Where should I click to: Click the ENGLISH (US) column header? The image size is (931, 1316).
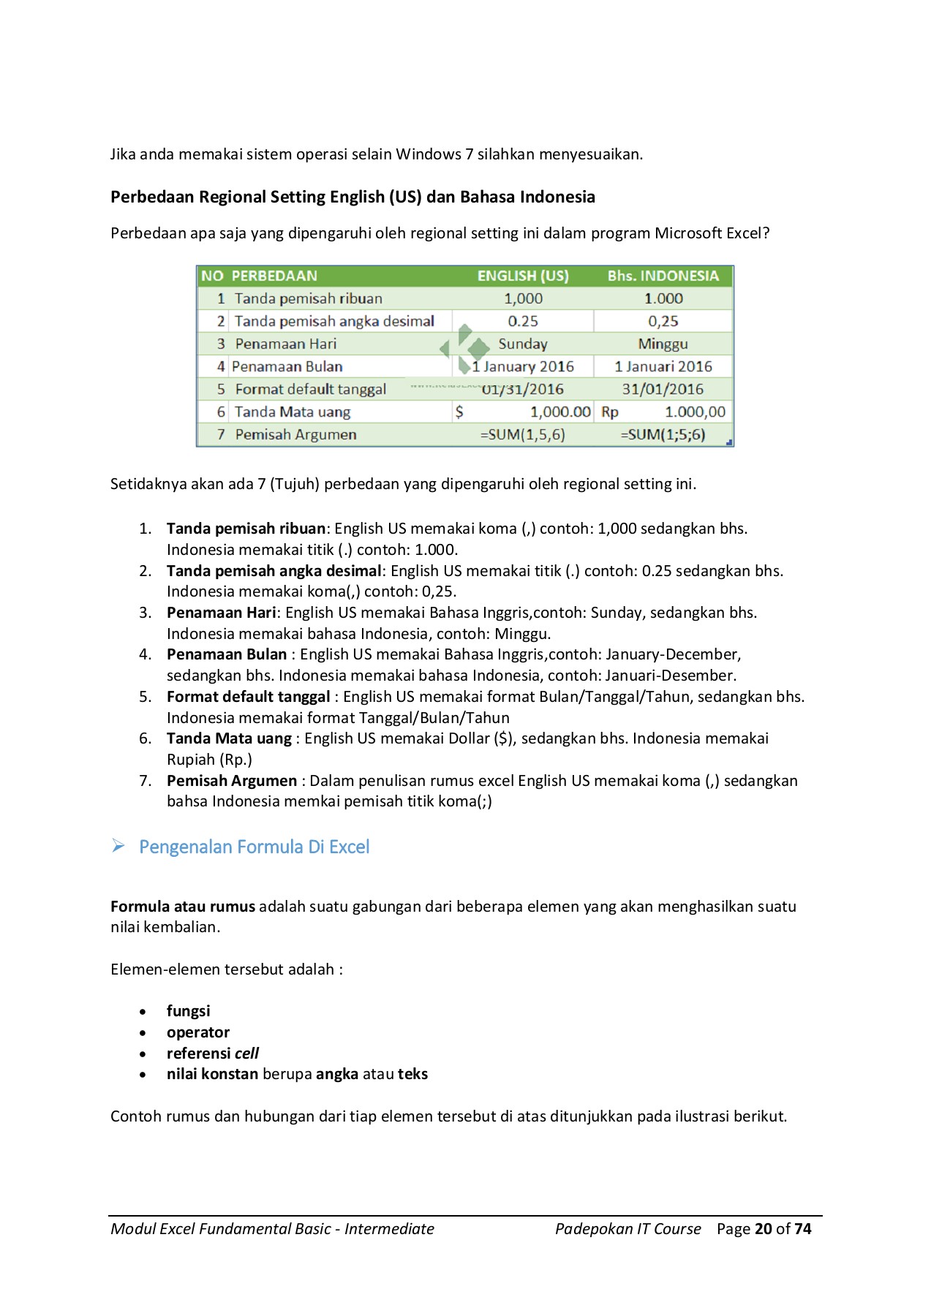pyautogui.click(x=522, y=276)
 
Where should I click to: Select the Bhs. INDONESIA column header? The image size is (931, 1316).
pyautogui.click(x=663, y=276)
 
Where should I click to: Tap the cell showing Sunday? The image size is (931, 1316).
pyautogui.click(x=522, y=344)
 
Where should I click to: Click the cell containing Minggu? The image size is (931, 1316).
pyautogui.click(x=663, y=344)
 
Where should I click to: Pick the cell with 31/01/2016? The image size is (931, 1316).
pyautogui.click(x=663, y=389)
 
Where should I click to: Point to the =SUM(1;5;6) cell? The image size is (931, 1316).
pyautogui.click(x=663, y=434)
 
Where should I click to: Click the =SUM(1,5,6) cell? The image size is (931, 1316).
pyautogui.click(x=522, y=434)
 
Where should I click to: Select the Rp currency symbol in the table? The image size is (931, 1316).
pyautogui.click(x=609, y=412)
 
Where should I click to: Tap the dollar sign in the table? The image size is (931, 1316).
pyautogui.click(x=459, y=412)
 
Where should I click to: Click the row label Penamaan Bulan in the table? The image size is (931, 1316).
pyautogui.click(x=287, y=366)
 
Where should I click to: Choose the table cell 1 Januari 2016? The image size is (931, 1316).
pyautogui.click(x=663, y=366)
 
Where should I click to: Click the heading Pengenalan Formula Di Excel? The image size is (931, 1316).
pyautogui.click(x=254, y=847)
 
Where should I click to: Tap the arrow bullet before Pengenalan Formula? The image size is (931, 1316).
pyautogui.click(x=118, y=847)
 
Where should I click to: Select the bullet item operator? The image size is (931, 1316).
pyautogui.click(x=197, y=1032)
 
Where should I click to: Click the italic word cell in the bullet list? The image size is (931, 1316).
pyautogui.click(x=246, y=1054)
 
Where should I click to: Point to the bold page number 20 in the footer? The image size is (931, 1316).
pyautogui.click(x=763, y=1229)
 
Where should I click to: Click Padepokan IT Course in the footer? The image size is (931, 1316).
pyautogui.click(x=627, y=1229)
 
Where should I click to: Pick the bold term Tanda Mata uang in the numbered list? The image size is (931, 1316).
pyautogui.click(x=229, y=738)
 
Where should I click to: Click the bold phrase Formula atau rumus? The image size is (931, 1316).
pyautogui.click(x=183, y=907)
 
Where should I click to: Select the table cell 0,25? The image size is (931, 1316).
pyautogui.click(x=663, y=321)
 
